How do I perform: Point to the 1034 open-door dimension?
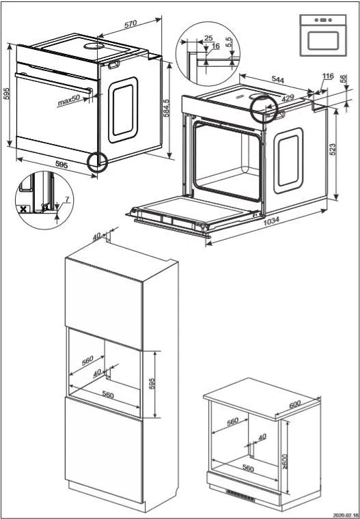pos(271,221)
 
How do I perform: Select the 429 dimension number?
pos(287,99)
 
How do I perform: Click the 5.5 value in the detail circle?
pos(229,40)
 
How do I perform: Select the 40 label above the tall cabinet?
pos(96,236)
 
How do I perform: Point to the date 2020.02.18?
pos(345,514)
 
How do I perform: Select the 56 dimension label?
pos(342,79)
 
